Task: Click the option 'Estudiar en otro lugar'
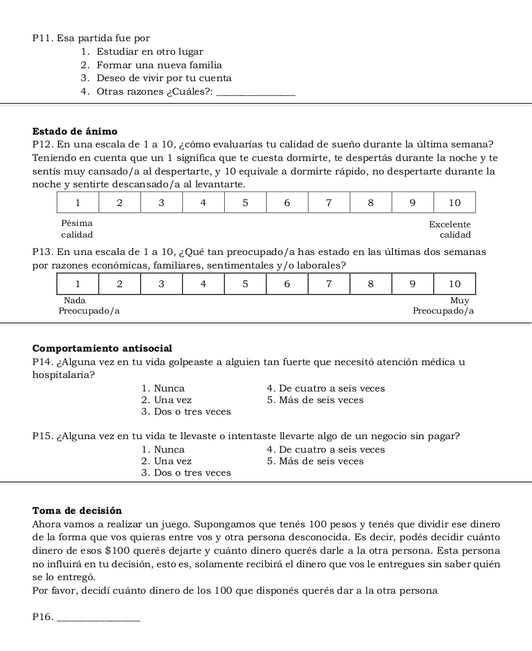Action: (x=149, y=52)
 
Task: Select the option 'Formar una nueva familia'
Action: (x=159, y=65)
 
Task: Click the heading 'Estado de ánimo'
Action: (x=75, y=131)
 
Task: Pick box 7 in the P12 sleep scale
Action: (x=328, y=202)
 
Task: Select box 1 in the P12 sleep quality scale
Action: (x=78, y=202)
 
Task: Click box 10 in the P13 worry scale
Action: (x=454, y=283)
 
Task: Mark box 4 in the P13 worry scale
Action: (x=204, y=283)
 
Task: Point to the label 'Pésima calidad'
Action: (x=77, y=229)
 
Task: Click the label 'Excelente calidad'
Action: (x=450, y=229)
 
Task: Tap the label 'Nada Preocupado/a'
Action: (x=89, y=306)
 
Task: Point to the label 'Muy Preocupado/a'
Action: (x=443, y=306)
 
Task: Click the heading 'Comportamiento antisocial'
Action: (x=102, y=348)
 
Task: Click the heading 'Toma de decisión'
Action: (x=77, y=511)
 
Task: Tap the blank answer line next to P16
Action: (x=98, y=619)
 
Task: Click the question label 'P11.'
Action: (x=42, y=38)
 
